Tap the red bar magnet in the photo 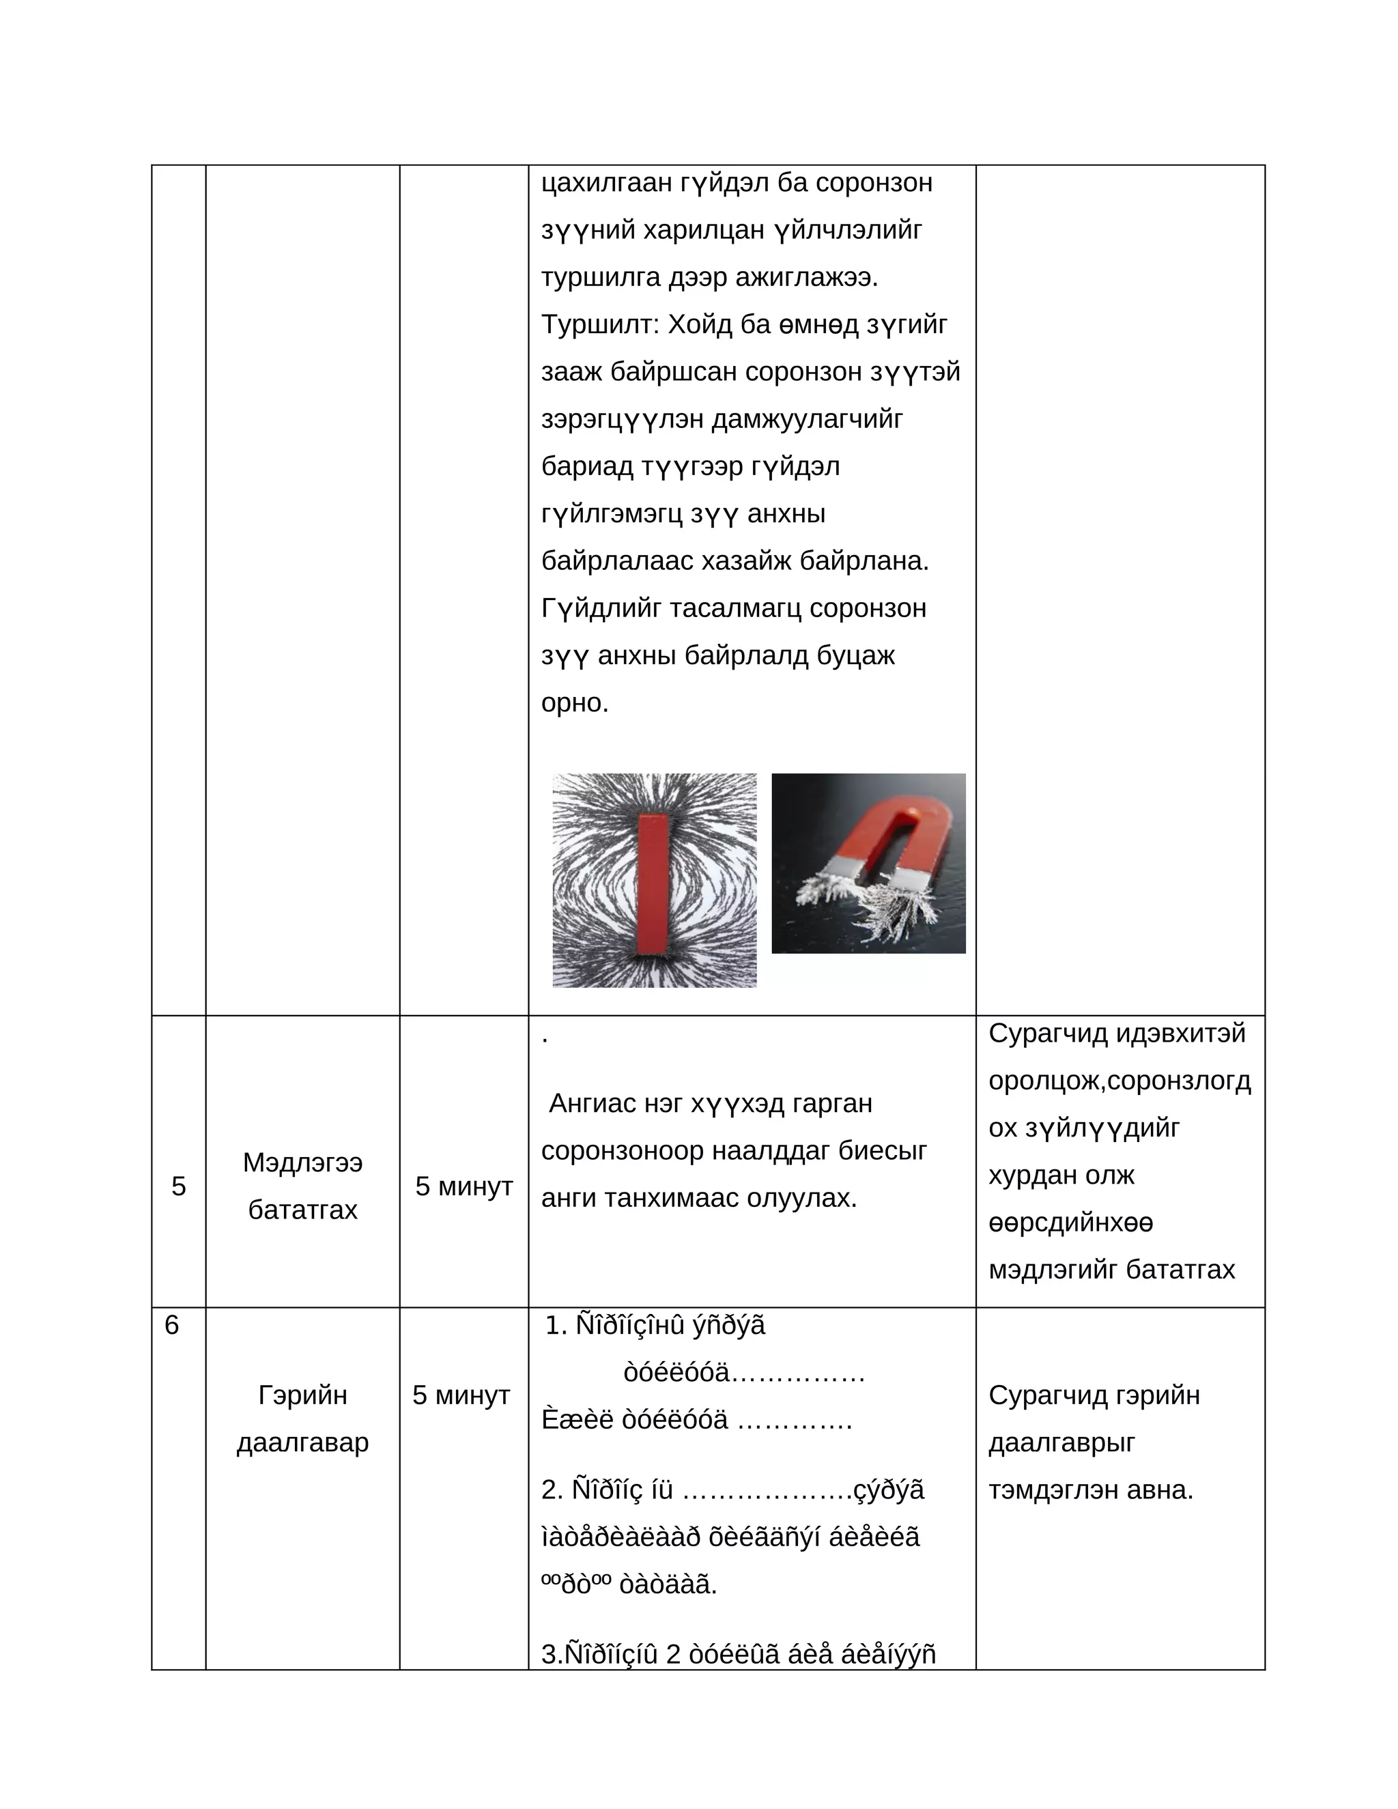click(653, 884)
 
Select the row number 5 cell click(178, 1186)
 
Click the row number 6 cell click(171, 1325)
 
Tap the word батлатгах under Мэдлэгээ click(302, 1210)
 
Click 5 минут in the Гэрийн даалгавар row click(461, 1395)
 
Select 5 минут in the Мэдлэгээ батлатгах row click(463, 1186)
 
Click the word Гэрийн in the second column click(302, 1395)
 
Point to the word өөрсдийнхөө click(1070, 1223)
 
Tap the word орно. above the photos click(575, 702)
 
